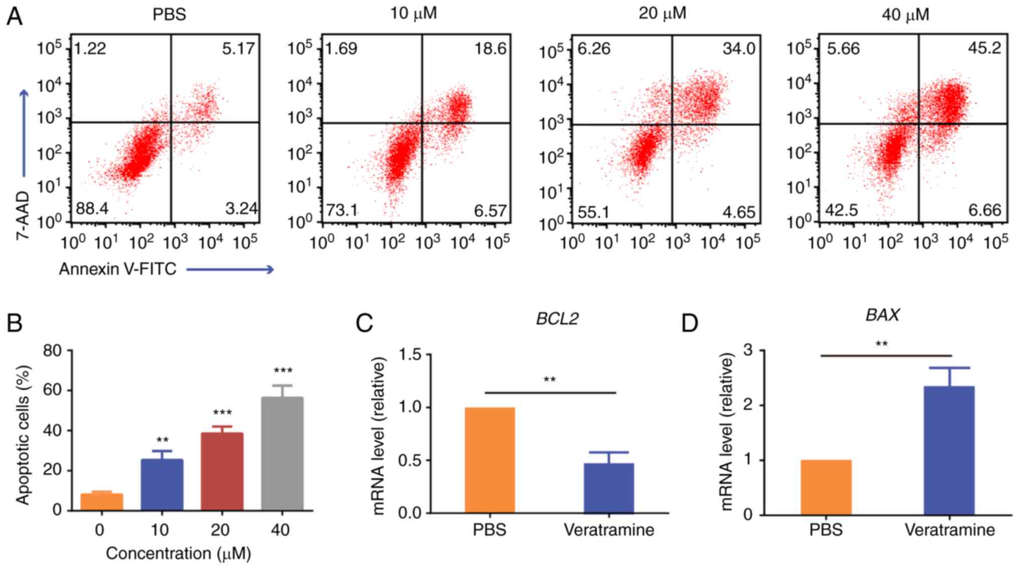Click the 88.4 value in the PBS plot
click(x=92, y=208)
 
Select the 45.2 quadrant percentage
click(x=984, y=48)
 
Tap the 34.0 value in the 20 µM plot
click(x=739, y=49)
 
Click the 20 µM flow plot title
click(x=662, y=14)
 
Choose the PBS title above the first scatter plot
click(x=169, y=14)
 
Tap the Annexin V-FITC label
click(x=118, y=269)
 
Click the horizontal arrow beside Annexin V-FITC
click(x=230, y=270)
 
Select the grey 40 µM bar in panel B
click(x=282, y=454)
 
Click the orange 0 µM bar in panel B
click(x=102, y=502)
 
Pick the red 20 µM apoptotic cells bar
click(x=222, y=471)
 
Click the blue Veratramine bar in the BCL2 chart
click(x=609, y=488)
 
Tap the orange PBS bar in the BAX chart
click(x=826, y=487)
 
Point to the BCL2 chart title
click(x=557, y=319)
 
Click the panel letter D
click(x=690, y=323)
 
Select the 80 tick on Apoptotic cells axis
click(x=52, y=350)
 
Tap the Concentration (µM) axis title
click(x=178, y=553)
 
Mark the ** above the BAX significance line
click(x=882, y=344)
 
